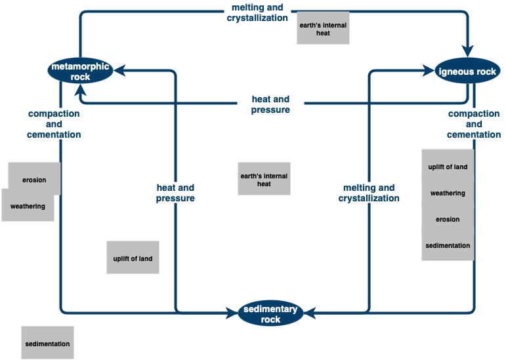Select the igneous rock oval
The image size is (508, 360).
467,71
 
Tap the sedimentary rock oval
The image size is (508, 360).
270,314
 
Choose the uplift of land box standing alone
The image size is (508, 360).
133,258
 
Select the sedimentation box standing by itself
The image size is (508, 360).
47,343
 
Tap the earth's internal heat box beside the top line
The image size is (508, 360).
323,28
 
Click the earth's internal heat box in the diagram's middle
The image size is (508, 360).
264,180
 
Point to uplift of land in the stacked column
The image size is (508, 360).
448,167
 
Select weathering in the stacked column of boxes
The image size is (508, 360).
448,193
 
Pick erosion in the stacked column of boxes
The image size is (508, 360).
448,219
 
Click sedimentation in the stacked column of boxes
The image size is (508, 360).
448,245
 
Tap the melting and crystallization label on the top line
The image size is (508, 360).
257,12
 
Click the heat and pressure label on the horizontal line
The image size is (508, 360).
270,105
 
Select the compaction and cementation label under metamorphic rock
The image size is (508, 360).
54,124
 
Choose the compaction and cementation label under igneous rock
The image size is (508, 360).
474,124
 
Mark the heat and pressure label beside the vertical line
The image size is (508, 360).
175,193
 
